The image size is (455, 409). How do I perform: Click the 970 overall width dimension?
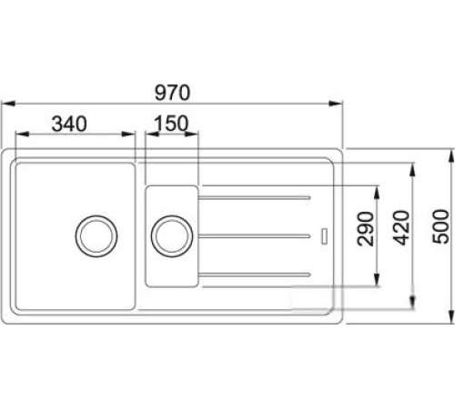tap(172, 93)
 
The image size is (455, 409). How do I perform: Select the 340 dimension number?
tap(69, 124)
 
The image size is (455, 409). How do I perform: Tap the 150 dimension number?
tap(171, 124)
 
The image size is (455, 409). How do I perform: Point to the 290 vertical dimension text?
tap(365, 229)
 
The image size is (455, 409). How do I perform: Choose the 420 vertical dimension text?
tap(401, 227)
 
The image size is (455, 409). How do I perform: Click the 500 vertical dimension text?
tap(440, 226)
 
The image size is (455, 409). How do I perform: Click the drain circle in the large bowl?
tap(96, 236)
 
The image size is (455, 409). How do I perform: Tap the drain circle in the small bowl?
tap(172, 236)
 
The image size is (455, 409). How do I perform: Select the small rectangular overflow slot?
tap(324, 236)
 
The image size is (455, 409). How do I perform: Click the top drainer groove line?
tap(254, 198)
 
